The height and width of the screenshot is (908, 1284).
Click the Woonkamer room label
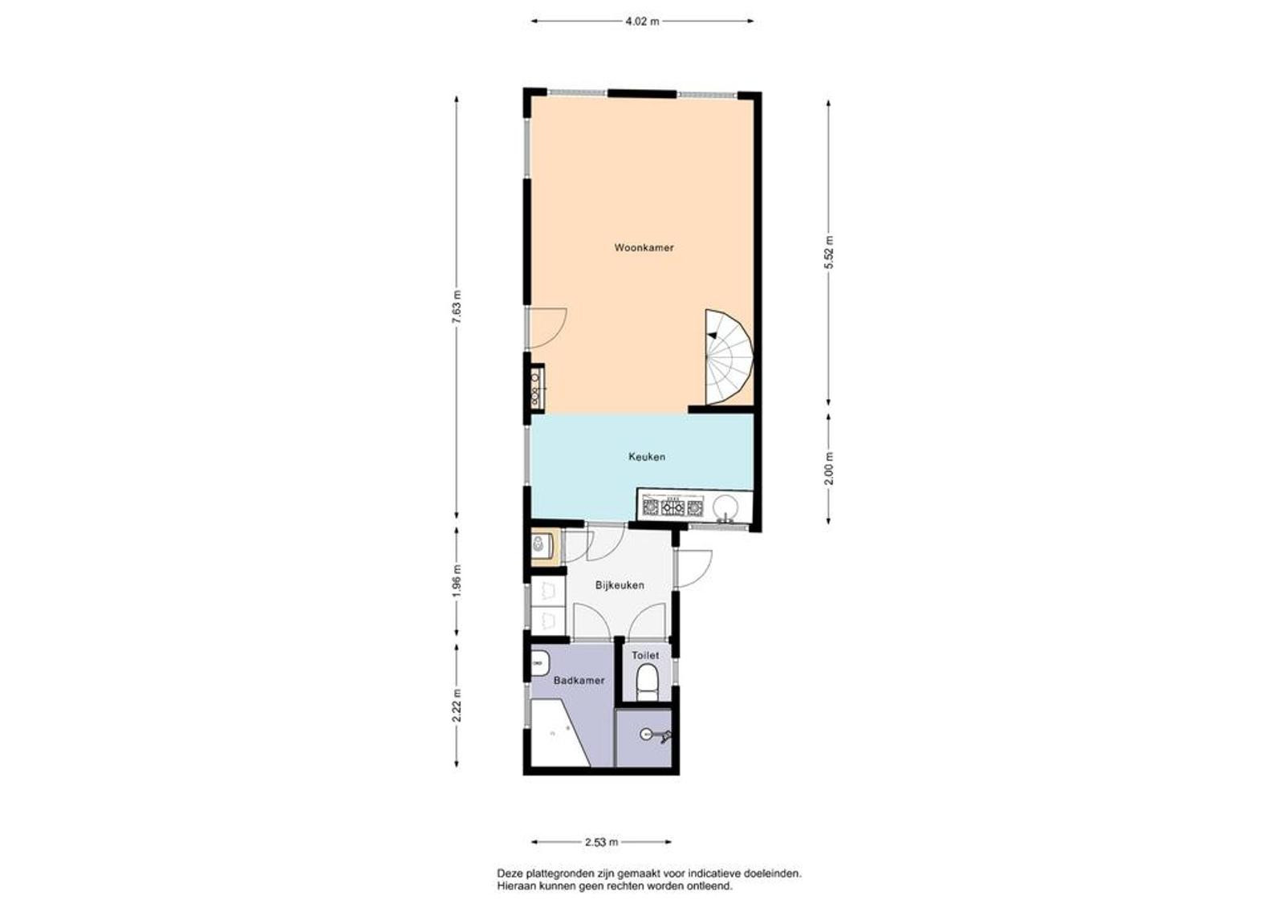(x=644, y=248)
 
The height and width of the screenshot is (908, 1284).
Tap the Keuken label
(x=647, y=457)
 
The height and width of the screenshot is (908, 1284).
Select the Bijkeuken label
(x=620, y=585)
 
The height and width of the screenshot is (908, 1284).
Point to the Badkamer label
(x=579, y=681)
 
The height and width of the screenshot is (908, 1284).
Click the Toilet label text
(x=645, y=655)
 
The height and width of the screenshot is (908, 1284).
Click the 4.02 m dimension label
(x=642, y=22)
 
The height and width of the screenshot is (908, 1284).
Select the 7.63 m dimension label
(x=457, y=307)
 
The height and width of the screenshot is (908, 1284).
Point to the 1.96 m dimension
(x=457, y=580)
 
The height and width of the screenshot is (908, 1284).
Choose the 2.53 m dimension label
(x=601, y=843)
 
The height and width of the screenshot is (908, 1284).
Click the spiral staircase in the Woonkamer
(x=729, y=357)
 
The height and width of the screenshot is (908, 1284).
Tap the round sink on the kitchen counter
(x=725, y=507)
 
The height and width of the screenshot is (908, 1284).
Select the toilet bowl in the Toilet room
(x=647, y=682)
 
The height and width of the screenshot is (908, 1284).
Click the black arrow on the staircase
(x=712, y=335)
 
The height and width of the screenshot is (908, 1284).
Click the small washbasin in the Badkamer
(x=538, y=664)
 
